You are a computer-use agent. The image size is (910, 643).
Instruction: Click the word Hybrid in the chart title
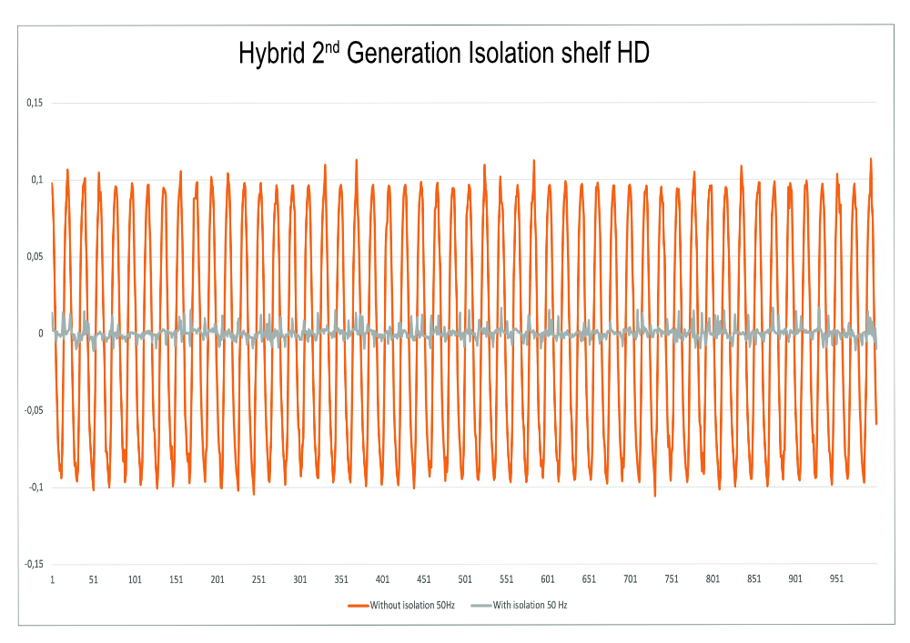pyautogui.click(x=271, y=54)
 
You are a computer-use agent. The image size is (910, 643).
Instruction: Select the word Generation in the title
pyautogui.click(x=404, y=53)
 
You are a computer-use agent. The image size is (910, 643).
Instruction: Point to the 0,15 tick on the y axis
pyautogui.click(x=35, y=103)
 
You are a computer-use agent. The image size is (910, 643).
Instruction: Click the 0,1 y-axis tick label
pyautogui.click(x=37, y=180)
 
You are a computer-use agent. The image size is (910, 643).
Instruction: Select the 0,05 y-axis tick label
pyautogui.click(x=35, y=256)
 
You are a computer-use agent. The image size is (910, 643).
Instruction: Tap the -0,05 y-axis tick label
pyautogui.click(x=33, y=410)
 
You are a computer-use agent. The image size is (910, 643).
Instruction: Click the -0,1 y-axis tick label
pyautogui.click(x=36, y=487)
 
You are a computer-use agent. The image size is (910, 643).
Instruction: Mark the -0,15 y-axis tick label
pyautogui.click(x=33, y=564)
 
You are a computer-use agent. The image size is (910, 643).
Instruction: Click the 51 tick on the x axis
pyautogui.click(x=94, y=579)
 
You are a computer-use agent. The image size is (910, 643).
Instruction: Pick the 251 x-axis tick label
pyautogui.click(x=258, y=579)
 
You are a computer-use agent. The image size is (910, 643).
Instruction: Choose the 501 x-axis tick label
pyautogui.click(x=465, y=579)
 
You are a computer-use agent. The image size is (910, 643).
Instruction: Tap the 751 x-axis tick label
pyautogui.click(x=672, y=579)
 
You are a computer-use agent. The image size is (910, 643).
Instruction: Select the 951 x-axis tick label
pyautogui.click(x=836, y=579)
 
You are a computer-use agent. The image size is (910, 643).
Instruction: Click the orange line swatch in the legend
pyautogui.click(x=359, y=606)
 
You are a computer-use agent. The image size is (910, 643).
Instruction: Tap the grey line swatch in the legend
pyautogui.click(x=481, y=606)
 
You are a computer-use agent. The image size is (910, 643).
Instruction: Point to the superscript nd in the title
pyautogui.click(x=332, y=46)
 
